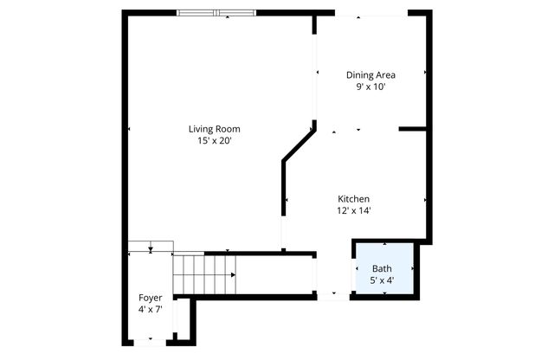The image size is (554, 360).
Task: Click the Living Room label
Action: click(215, 129)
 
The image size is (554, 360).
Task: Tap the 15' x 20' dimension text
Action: click(215, 140)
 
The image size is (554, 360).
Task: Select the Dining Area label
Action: click(370, 74)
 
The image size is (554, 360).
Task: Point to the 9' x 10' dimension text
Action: click(370, 87)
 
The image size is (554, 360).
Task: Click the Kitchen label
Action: click(354, 198)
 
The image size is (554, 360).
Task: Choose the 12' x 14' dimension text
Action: click(354, 210)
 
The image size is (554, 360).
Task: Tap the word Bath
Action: click(382, 268)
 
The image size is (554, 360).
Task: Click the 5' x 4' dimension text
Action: click(382, 280)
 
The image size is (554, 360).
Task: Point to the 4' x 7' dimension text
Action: click(150, 309)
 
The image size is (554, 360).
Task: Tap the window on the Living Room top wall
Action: click(216, 12)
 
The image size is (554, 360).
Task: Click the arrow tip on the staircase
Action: click(234, 275)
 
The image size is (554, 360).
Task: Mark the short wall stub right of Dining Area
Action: click(413, 129)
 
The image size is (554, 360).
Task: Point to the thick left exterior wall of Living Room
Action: click(125, 130)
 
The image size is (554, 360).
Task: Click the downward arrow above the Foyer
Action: click(151, 248)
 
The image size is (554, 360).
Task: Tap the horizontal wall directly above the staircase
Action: click(260, 253)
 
